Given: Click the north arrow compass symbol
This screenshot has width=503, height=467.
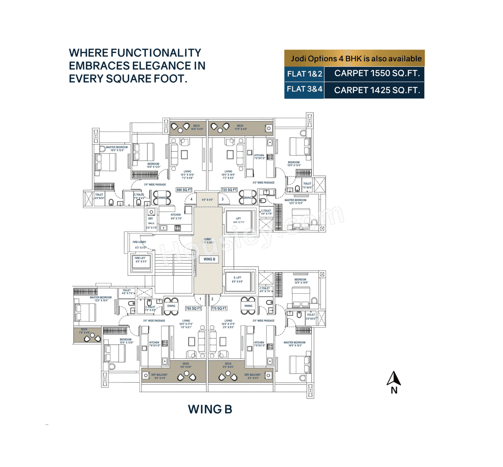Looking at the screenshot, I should click(394, 379).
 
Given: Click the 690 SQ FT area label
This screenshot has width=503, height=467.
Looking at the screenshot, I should click(184, 190).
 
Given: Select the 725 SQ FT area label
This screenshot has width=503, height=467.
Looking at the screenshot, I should click(229, 190).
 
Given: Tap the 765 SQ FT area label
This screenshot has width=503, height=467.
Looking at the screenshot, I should click(193, 309).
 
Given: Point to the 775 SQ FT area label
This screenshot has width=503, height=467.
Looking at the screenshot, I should click(219, 309).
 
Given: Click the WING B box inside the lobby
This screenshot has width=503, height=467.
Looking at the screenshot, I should click(209, 259).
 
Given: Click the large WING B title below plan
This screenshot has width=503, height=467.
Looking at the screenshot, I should click(210, 409).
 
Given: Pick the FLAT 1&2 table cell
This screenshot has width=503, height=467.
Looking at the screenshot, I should click(305, 74).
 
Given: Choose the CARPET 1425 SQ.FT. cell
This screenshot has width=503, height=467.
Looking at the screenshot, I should click(376, 90).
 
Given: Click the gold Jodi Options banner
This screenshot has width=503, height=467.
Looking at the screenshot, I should click(354, 59).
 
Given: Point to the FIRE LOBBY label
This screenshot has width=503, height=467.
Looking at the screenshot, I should click(139, 242).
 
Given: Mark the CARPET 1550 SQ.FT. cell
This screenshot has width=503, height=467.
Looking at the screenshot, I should click(376, 74).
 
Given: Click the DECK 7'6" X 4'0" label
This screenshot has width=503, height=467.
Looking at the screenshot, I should click(84, 331).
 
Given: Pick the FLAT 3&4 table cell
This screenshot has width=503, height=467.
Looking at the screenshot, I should click(305, 90).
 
